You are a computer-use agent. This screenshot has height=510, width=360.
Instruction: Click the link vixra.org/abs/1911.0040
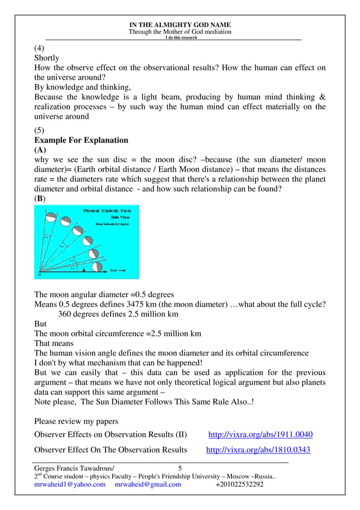click(261, 435)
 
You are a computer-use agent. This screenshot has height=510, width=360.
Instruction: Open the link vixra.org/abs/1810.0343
click(258, 450)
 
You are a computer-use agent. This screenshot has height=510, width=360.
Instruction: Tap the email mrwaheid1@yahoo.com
click(70, 485)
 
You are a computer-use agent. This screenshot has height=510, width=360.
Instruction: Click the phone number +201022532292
click(239, 485)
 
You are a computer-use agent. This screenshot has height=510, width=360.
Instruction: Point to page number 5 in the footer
click(180, 468)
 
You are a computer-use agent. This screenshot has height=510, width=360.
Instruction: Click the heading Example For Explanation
click(81, 140)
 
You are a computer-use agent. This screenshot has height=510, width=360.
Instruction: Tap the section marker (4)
click(40, 48)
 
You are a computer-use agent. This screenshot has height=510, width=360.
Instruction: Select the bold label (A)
click(40, 150)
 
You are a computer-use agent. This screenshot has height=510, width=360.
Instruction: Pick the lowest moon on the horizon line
click(97, 266)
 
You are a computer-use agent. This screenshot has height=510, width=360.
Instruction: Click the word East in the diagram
click(113, 271)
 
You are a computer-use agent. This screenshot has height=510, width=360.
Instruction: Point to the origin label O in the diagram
click(39, 275)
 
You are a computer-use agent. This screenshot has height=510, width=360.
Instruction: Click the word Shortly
click(47, 58)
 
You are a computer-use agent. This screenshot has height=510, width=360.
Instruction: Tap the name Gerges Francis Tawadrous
click(74, 468)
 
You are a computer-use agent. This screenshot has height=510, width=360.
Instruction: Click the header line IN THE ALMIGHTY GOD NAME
click(180, 25)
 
